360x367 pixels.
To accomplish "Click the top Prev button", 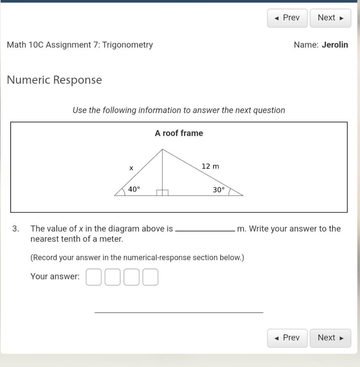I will click(287, 18).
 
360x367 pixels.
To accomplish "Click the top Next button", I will click(330, 18).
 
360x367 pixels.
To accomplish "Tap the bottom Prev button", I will click(287, 338).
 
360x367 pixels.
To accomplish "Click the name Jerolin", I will click(335, 45).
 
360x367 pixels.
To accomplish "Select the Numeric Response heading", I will click(54, 80).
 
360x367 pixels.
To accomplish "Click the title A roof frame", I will click(179, 133).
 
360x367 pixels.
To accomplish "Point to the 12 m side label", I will click(210, 166).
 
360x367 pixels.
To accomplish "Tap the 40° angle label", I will click(134, 189).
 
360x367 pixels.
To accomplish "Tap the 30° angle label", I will click(219, 190).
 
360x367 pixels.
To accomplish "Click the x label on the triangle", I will click(131, 168).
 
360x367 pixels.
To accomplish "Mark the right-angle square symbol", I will click(162, 193).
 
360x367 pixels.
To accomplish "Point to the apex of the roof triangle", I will click(162, 149).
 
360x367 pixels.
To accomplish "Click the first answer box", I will click(93, 277).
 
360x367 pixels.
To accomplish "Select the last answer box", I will click(150, 277).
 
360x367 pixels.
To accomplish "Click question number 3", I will click(15, 229).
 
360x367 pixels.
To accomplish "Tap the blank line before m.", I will click(205, 231).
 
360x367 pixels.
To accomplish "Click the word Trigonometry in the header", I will click(128, 45).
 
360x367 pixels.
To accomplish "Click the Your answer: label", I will click(55, 277).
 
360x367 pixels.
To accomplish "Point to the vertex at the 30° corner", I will click(243, 195).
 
